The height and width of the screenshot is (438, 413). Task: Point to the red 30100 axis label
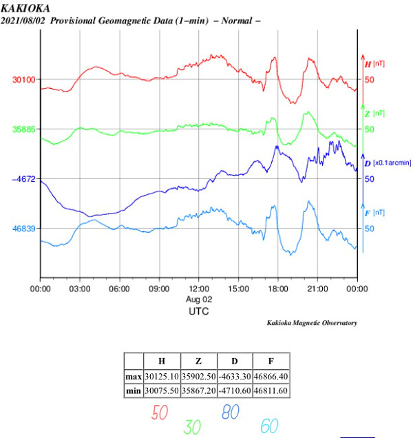tap(23, 79)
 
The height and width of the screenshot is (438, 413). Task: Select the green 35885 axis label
tap(23, 129)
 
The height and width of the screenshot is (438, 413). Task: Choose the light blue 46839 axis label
tap(23, 228)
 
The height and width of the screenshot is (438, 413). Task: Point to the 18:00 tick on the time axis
tap(278, 290)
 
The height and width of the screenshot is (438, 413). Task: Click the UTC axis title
tap(198, 311)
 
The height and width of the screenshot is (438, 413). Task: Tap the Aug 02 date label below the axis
tap(198, 300)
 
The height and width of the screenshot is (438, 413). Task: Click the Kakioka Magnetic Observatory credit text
tap(312, 323)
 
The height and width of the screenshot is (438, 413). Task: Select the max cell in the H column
tap(161, 377)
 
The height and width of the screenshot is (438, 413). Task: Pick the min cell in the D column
tap(235, 390)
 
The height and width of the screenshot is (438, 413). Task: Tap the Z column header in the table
tap(198, 362)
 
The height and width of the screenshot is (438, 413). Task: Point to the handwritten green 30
tap(193, 427)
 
